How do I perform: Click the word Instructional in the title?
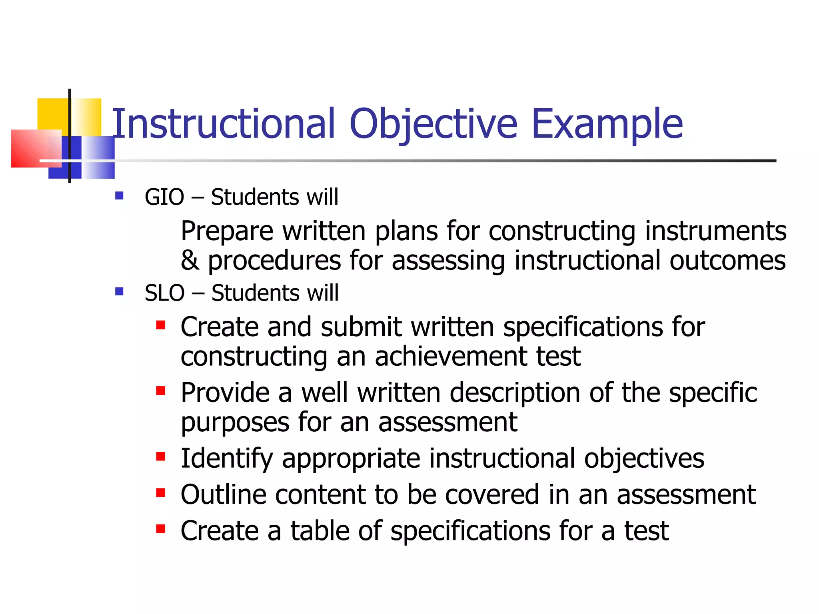223,124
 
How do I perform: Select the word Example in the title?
607,125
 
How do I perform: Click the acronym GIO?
164,197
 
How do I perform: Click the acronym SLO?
164,293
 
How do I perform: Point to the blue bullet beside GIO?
119,195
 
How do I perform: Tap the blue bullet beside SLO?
119,291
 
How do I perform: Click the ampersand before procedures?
190,260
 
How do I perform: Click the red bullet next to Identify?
161,457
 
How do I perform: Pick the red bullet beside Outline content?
161,492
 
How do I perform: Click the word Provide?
225,393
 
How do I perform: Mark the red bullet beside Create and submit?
161,325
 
